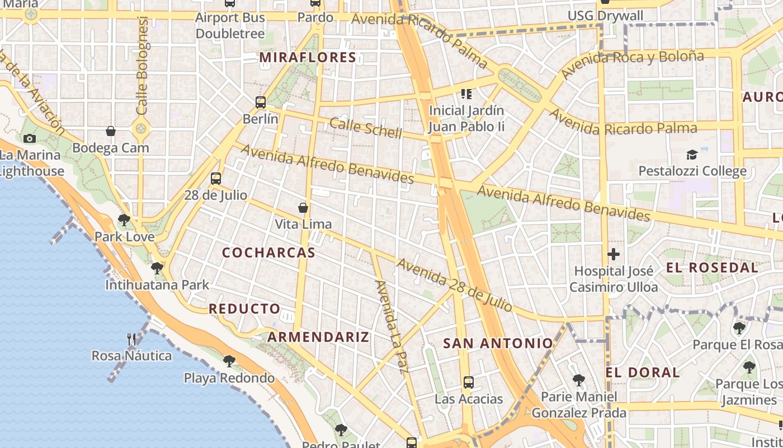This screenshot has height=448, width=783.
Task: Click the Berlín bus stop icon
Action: tap(261, 102)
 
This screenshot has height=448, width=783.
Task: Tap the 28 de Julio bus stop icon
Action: tap(216, 179)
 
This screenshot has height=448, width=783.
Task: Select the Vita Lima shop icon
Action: tap(303, 208)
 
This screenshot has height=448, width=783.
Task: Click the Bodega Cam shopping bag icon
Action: tap(111, 131)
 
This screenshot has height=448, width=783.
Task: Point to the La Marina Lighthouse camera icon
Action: tap(30, 138)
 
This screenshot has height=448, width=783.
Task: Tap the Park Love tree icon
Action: tap(124, 220)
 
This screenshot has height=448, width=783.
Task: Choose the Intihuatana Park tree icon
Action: tap(157, 268)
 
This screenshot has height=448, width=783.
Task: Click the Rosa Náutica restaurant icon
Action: tap(131, 339)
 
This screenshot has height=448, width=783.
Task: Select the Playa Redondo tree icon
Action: tap(229, 361)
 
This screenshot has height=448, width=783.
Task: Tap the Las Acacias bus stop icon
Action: tap(469, 382)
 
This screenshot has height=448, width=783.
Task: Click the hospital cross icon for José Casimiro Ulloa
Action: tap(614, 254)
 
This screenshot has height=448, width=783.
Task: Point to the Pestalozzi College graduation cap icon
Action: tap(692, 155)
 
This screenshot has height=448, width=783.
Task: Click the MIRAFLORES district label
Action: tap(308, 57)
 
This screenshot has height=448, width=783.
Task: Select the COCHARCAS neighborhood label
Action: tap(269, 253)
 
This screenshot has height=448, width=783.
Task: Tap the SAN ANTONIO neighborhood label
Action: tap(498, 343)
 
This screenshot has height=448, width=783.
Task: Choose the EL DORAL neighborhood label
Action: tap(643, 372)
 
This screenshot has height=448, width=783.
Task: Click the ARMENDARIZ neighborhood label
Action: tap(318, 337)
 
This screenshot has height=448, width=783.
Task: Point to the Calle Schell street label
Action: tap(366, 128)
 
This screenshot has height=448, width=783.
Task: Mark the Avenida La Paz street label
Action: tap(391, 326)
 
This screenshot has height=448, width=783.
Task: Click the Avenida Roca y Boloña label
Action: tap(632, 64)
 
